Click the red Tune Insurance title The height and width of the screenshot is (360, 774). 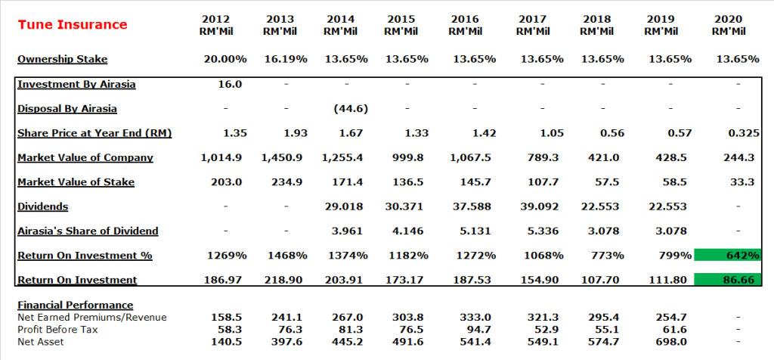(73, 25)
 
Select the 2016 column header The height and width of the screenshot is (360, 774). (464, 25)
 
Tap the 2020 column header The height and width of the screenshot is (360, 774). (729, 25)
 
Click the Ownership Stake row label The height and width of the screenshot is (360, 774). (63, 59)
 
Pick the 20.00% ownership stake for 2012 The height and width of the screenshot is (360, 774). (226, 59)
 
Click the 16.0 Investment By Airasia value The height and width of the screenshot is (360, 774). (230, 84)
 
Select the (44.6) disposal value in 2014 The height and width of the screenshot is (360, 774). (351, 108)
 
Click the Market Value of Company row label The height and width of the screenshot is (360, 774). (85, 157)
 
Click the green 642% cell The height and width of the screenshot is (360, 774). (728, 256)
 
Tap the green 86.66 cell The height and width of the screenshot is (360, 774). (728, 280)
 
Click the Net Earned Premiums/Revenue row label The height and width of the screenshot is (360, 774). (92, 317)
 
